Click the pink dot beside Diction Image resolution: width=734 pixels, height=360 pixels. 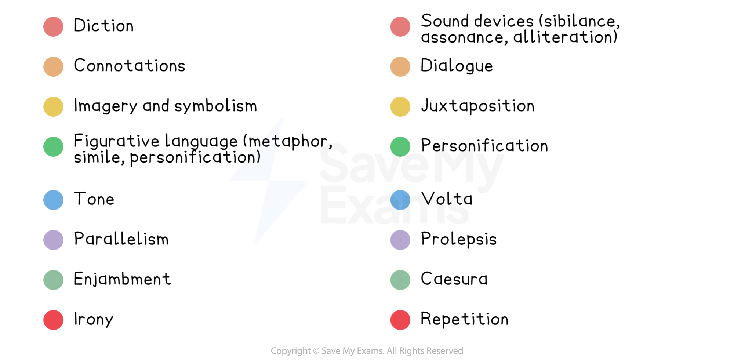53,26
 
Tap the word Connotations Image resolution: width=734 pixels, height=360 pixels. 130,66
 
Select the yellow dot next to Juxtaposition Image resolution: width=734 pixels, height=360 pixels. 400,106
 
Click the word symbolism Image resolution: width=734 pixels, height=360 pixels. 216,106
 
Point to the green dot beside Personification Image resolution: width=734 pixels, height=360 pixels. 400,146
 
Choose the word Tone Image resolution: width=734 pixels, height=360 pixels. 94,199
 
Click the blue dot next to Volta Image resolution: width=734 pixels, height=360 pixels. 400,200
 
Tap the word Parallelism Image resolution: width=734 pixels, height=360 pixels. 121,239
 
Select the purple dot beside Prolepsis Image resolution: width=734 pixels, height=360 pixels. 400,240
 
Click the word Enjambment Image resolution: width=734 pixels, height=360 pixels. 122,279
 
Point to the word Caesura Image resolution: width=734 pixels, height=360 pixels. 454,279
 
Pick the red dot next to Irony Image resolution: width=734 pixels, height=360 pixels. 53,320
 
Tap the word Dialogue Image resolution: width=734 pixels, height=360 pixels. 457,66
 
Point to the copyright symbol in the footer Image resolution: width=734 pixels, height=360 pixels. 316,351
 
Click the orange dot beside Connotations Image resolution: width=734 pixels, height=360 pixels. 53,66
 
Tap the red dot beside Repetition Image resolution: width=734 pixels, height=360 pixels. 400,320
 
